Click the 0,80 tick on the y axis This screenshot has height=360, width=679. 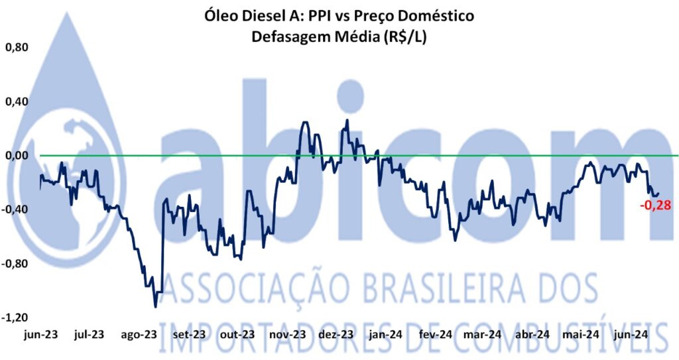coord(17,48)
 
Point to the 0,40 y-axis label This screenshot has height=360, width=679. coord(17,101)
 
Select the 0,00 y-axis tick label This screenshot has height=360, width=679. coord(17,155)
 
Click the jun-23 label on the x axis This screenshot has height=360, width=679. coord(40,334)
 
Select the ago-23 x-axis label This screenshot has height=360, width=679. coord(139,334)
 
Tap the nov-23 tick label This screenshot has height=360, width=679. coord(288,334)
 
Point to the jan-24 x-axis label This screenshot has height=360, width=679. coord(386,334)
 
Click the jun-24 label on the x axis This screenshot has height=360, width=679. coord(632,334)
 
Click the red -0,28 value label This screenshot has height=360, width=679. coord(656,205)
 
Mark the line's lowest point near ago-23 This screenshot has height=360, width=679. coord(155,306)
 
